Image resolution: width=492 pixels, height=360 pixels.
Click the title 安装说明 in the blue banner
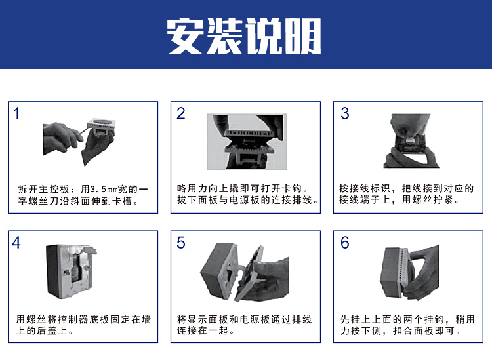[x=244, y=36]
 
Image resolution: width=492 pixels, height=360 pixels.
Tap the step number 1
[x=16, y=113]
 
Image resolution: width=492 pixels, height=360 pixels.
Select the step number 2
[x=181, y=113]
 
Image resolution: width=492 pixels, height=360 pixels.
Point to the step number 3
[x=345, y=113]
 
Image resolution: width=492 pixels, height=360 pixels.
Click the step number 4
[x=16, y=243]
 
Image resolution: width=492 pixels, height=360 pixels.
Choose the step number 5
[x=181, y=243]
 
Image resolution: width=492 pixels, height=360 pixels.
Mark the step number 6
[x=345, y=243]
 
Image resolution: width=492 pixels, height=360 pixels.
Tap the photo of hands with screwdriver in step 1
[x=79, y=142]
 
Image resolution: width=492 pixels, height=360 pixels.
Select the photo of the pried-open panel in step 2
[x=247, y=142]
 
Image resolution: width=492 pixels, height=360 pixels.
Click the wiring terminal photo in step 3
[x=411, y=141]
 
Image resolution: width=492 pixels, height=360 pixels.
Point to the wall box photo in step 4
[x=72, y=271]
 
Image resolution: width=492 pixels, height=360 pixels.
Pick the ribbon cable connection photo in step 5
[x=245, y=272]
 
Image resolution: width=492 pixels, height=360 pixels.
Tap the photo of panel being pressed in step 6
[x=409, y=272]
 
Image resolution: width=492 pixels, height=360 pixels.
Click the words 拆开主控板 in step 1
[x=43, y=189]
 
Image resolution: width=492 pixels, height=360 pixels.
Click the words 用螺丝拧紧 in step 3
[x=427, y=199]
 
